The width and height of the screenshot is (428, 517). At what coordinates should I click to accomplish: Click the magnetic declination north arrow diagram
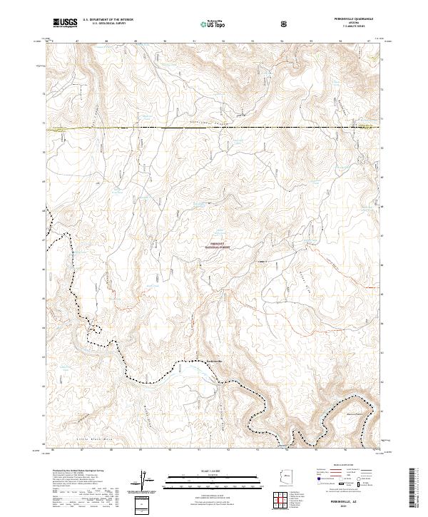[x=146, y=481]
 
